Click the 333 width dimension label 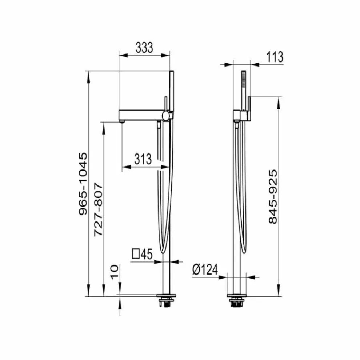coord(144,48)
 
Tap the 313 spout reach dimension coord(143,159)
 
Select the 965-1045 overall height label coord(83,184)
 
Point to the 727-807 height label coord(98,209)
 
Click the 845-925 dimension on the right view coord(273,197)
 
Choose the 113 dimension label coord(275,57)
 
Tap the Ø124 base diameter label coord(205,269)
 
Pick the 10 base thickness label coord(115,272)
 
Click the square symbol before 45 coord(136,255)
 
